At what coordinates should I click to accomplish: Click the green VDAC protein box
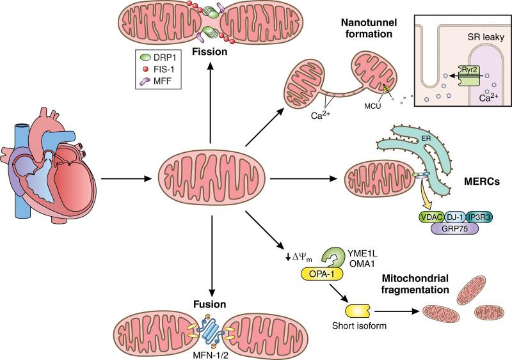[431, 218]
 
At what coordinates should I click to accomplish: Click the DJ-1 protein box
[455, 218]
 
